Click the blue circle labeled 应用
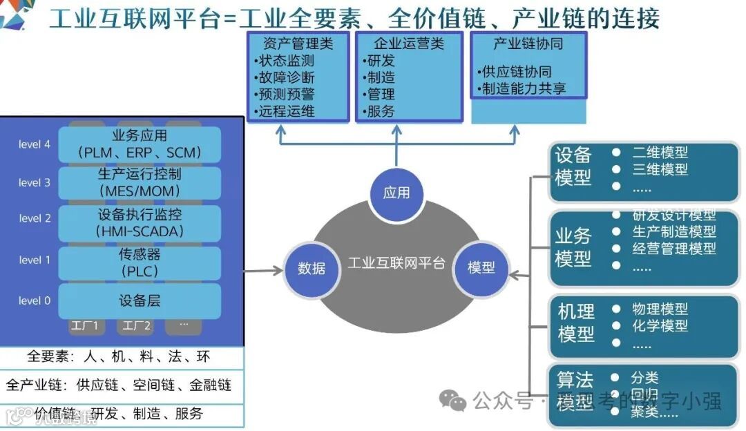396,193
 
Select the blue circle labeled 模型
481,267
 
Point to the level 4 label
35,144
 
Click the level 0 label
35,300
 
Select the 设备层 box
140,300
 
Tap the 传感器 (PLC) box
140,262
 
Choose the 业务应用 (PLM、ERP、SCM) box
140,144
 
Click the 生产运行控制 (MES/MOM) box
140,182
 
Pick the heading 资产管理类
298,44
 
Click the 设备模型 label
573,166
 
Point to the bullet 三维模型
660,169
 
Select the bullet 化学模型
660,325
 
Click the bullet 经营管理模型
674,249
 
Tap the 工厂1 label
85,325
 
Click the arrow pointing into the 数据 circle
266,270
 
